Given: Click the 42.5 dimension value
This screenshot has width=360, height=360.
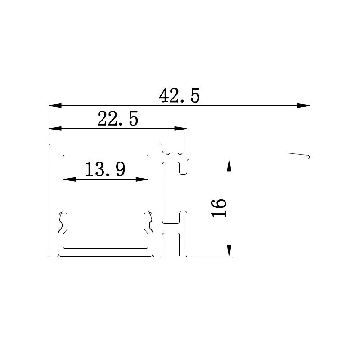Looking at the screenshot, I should coord(179,96).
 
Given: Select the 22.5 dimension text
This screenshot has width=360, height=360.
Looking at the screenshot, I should coord(117,120).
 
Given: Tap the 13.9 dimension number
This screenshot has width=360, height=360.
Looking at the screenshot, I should coord(105,170).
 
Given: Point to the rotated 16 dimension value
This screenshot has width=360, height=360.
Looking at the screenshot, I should coord(219,207).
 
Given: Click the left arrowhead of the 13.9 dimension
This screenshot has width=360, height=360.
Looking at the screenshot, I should coord(68,180).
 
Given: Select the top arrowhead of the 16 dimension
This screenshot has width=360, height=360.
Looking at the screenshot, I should coord(229,165).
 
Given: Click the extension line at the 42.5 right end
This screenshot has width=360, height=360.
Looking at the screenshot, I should coord(310,130).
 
